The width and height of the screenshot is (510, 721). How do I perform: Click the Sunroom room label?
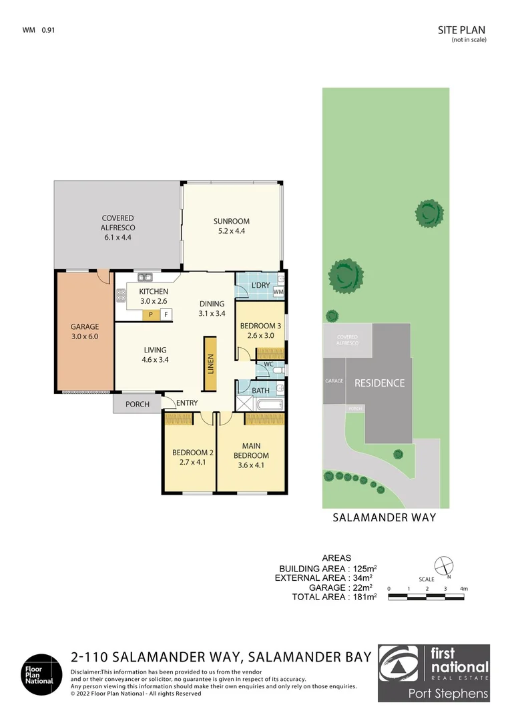tap(231, 222)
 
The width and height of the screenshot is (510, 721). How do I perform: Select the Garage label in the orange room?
tap(85, 327)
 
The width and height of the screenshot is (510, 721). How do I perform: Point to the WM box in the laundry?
tap(278, 292)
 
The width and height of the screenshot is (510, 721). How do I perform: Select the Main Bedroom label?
tap(251, 451)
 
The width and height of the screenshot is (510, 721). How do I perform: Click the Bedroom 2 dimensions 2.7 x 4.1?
tap(188, 462)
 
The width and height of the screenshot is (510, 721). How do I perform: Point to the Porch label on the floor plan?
tap(138, 404)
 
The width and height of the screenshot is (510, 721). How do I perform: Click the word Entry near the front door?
tap(187, 403)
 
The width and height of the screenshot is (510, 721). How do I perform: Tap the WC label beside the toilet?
tap(268, 365)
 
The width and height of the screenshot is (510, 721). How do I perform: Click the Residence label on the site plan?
tap(379, 383)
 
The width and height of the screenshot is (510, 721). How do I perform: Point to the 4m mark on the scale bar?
tap(463, 588)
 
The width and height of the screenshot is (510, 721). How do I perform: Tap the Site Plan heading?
tap(461, 29)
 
